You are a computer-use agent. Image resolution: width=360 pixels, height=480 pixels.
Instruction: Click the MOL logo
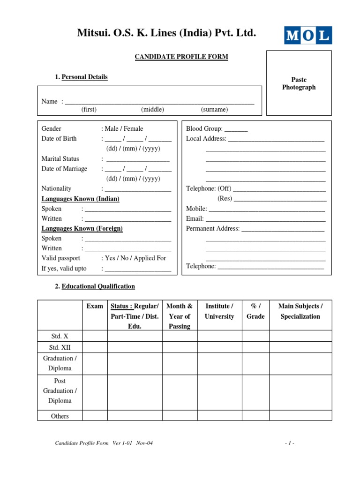(308, 36)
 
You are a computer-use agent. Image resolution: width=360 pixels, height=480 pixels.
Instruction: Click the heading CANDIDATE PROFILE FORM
(181, 57)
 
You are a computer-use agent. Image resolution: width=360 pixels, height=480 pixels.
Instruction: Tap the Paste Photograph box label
(299, 83)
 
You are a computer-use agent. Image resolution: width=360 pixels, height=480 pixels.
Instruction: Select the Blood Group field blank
(236, 129)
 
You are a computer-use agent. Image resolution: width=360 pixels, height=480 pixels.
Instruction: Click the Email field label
(195, 218)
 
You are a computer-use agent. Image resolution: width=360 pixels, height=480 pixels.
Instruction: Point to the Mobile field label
(196, 209)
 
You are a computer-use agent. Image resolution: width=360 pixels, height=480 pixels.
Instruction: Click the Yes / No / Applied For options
(135, 258)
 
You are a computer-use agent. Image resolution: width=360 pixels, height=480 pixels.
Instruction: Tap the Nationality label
(57, 188)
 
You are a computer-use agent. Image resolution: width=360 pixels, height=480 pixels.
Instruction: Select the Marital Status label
(60, 159)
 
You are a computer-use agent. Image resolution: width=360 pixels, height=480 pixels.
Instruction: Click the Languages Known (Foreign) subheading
(82, 228)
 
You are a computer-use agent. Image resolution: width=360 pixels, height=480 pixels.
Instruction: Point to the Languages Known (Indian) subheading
(80, 199)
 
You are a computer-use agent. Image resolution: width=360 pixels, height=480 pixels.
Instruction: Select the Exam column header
(95, 306)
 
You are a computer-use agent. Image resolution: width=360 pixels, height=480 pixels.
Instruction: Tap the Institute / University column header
(219, 311)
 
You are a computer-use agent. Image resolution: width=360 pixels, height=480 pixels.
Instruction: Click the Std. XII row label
(60, 347)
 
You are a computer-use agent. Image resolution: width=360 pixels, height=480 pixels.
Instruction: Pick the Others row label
(60, 416)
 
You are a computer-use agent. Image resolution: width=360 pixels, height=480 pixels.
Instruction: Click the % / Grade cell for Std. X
(255, 336)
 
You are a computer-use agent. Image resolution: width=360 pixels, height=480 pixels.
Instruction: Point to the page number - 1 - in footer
(289, 443)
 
